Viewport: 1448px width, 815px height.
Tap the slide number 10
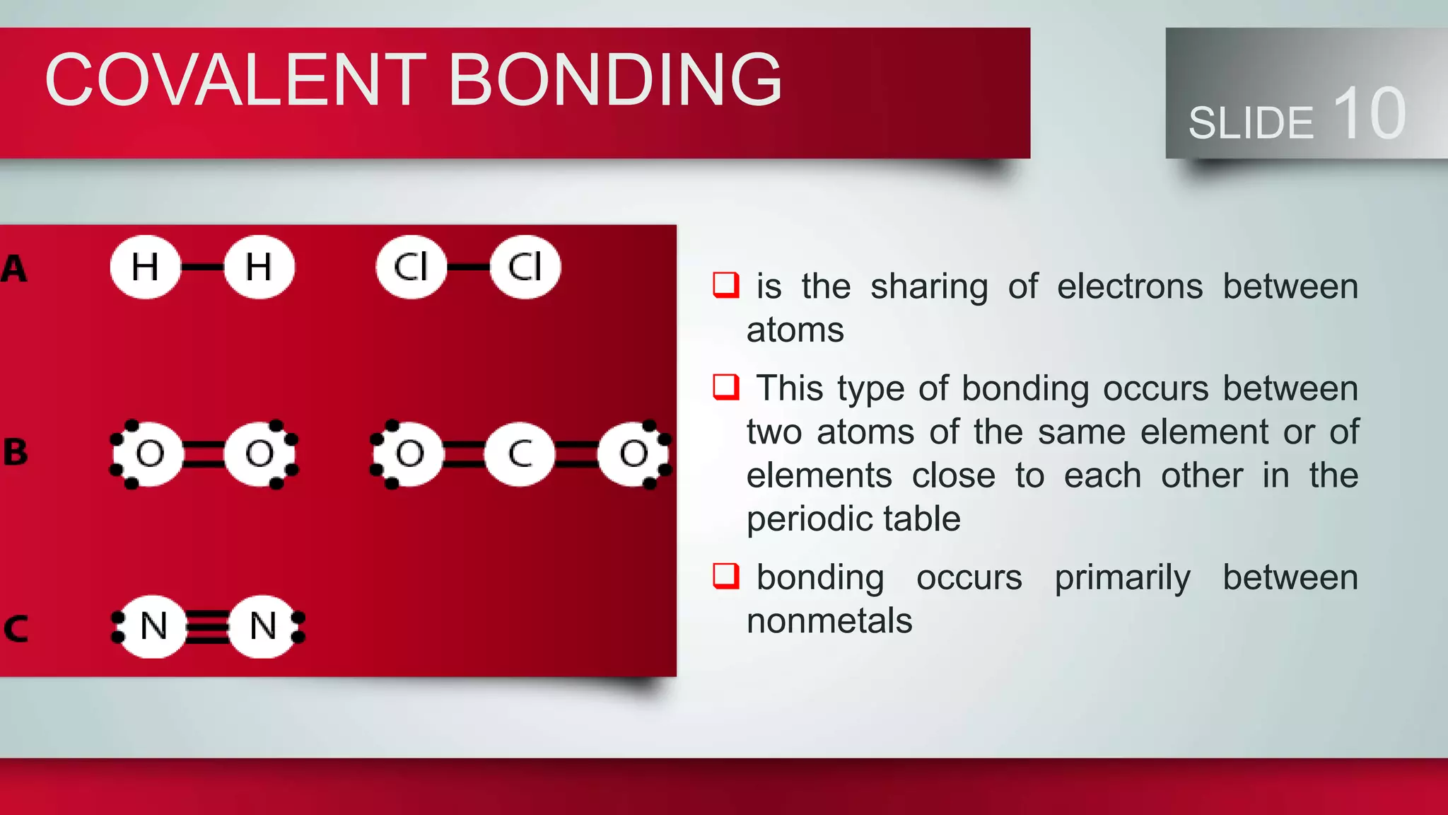tap(1370, 113)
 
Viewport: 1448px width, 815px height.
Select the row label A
tap(14, 269)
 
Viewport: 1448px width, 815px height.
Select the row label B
tap(16, 452)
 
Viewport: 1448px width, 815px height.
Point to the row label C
tap(16, 628)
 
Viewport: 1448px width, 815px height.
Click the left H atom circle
tap(145, 267)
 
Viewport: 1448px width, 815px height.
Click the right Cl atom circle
tap(525, 267)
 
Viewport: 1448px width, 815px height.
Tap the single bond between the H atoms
tap(202, 267)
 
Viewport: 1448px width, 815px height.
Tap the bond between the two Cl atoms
tap(468, 267)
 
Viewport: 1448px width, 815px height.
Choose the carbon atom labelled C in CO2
tap(520, 453)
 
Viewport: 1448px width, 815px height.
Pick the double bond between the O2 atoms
tap(204, 453)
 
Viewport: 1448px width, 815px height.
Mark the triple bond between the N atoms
tap(207, 627)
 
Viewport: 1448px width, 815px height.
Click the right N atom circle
tap(263, 627)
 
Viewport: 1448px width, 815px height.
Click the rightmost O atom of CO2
tap(633, 453)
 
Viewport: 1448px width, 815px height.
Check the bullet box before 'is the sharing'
tap(725, 285)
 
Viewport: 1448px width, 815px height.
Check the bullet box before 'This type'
tap(725, 387)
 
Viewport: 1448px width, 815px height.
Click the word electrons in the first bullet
tap(1130, 287)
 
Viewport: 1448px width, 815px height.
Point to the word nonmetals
tap(829, 621)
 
